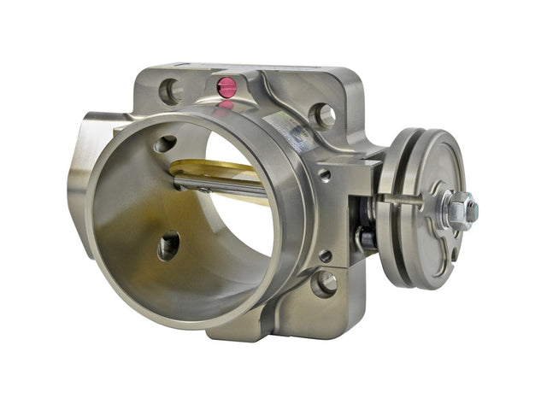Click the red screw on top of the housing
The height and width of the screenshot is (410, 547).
[226, 86]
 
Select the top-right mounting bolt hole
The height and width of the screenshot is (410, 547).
[323, 114]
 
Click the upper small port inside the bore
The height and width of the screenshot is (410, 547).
[166, 143]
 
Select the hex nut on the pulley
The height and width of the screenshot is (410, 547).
[459, 208]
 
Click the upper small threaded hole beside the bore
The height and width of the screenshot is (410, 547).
[324, 176]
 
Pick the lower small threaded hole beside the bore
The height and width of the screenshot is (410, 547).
[325, 255]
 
